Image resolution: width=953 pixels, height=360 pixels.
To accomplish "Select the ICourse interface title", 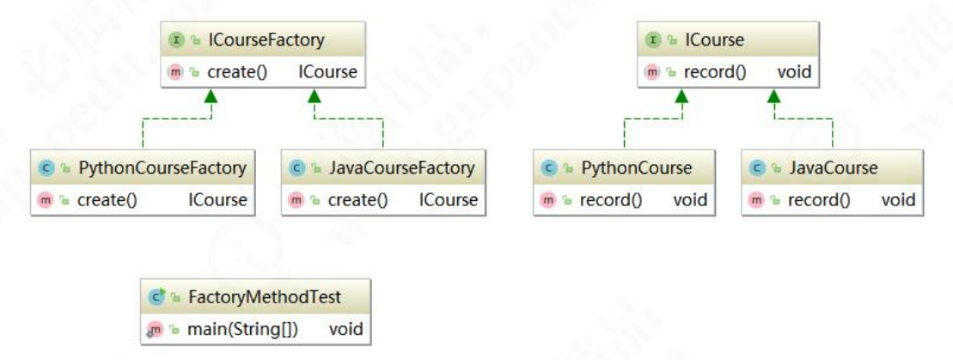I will tap(715, 40).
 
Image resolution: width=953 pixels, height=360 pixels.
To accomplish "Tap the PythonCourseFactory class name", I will tap(162, 168).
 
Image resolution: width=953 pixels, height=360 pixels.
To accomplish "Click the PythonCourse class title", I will tap(637, 168).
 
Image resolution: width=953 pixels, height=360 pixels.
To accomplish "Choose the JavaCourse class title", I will tap(834, 168).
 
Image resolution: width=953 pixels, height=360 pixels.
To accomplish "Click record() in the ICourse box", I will tap(715, 72).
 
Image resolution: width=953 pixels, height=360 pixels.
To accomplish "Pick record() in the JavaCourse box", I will tap(819, 200).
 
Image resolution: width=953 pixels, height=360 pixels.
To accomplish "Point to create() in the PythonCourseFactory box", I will tap(107, 200).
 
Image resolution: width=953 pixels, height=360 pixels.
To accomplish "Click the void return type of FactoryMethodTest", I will tap(345, 329).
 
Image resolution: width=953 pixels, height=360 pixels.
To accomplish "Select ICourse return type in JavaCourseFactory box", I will tap(449, 200).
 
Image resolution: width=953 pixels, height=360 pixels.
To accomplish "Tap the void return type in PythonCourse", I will tap(690, 200).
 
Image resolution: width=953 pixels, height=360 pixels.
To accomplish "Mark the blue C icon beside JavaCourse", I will tap(757, 168).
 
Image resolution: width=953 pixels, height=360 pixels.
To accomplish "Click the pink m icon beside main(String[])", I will tap(155, 329).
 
